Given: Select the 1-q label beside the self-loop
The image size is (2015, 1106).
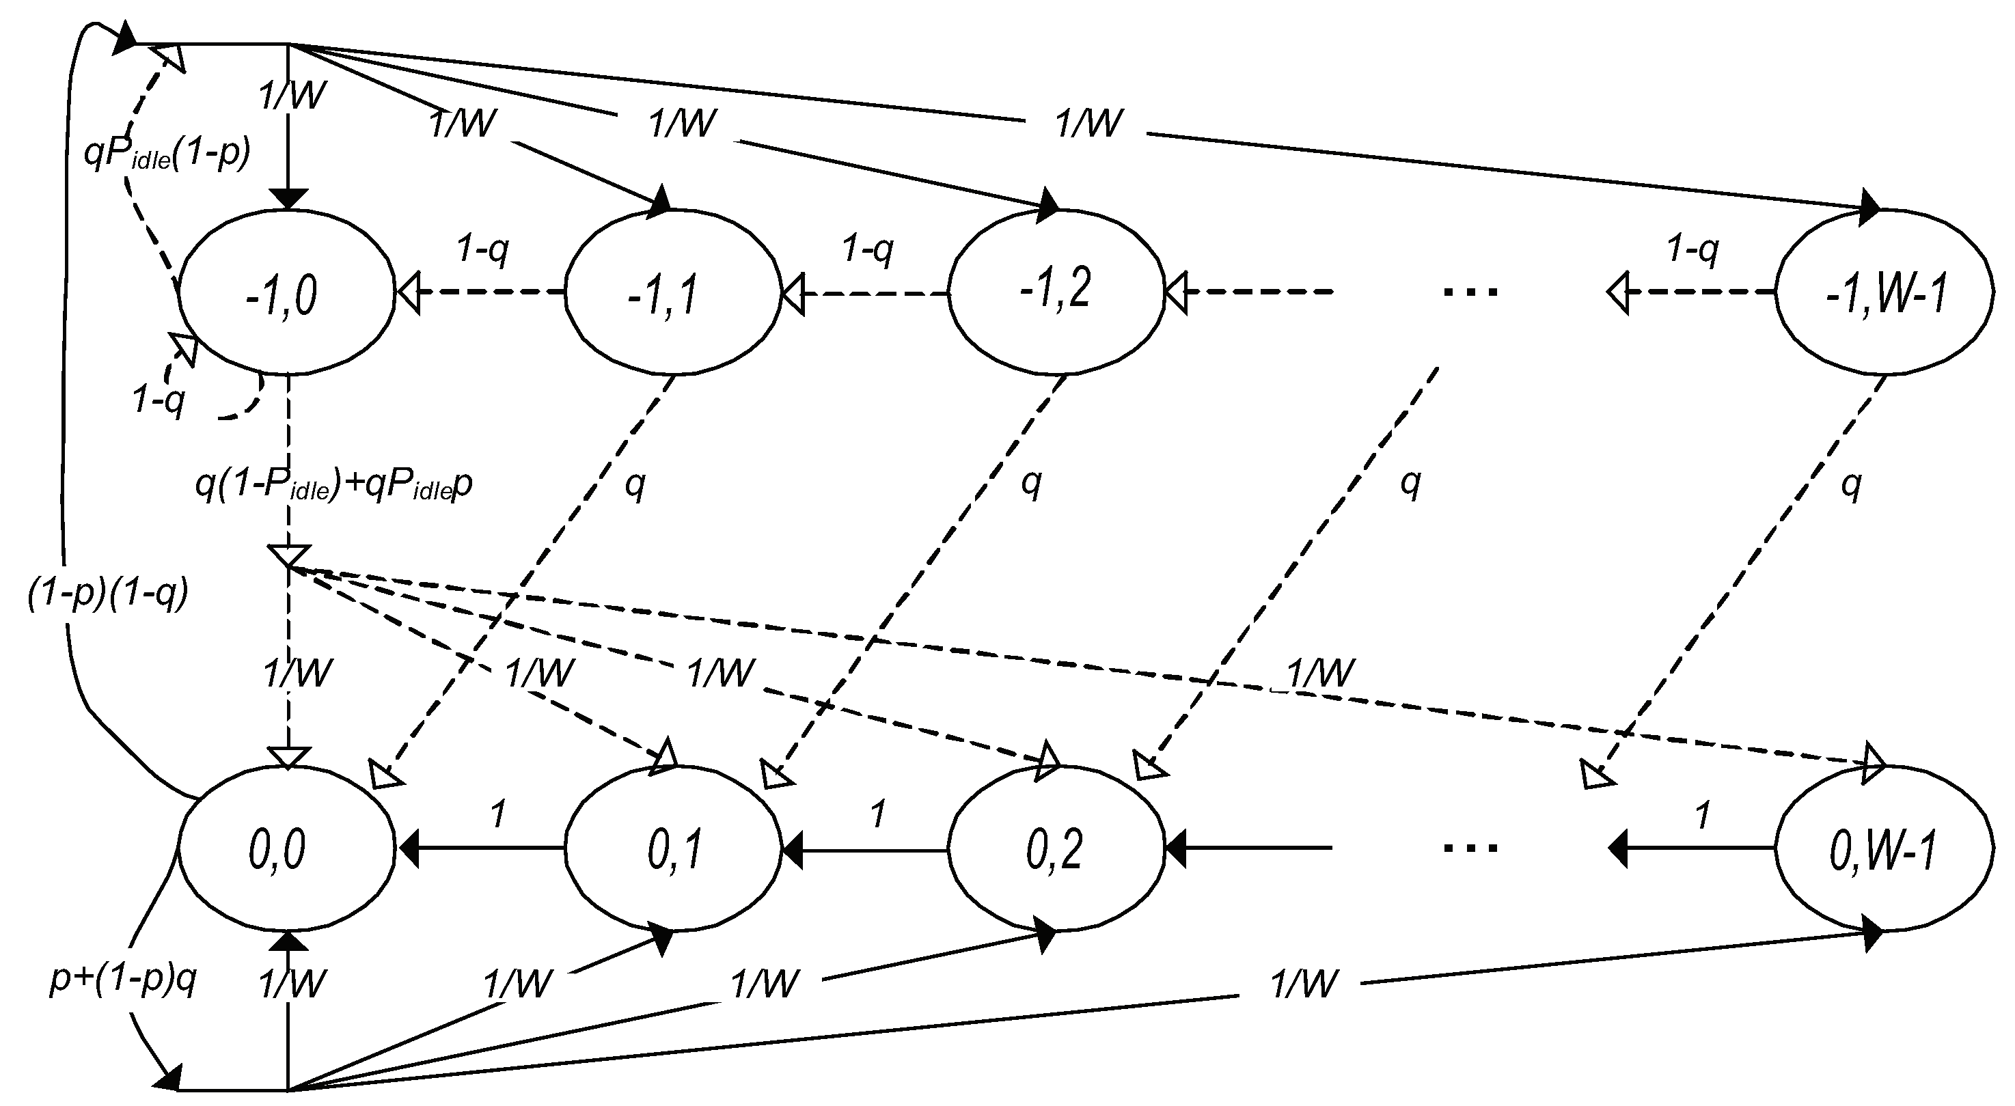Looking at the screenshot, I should tap(159, 400).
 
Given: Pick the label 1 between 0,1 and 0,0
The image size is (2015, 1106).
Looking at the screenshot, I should tap(497, 816).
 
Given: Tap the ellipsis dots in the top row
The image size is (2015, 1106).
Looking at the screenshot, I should tap(1470, 292).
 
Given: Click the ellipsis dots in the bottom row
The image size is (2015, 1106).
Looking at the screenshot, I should tap(1470, 847).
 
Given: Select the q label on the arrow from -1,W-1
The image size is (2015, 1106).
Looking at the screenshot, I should tap(1851, 485).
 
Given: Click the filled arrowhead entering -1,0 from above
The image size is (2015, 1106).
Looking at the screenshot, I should tap(288, 199).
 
